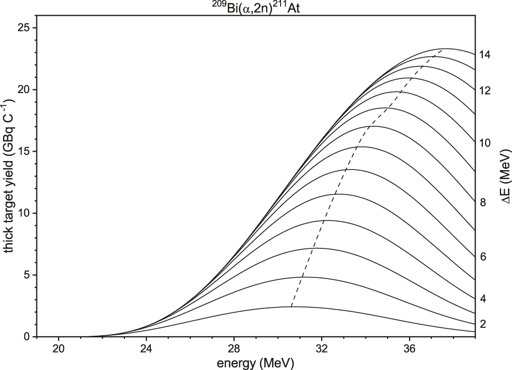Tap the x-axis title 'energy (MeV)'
tap(256, 363)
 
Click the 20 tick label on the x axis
tap(59, 348)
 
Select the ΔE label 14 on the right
tap(485, 54)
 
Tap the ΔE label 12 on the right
tap(485, 91)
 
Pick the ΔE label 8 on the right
tap(482, 202)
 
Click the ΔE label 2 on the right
tap(482, 324)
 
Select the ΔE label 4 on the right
tap(482, 298)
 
